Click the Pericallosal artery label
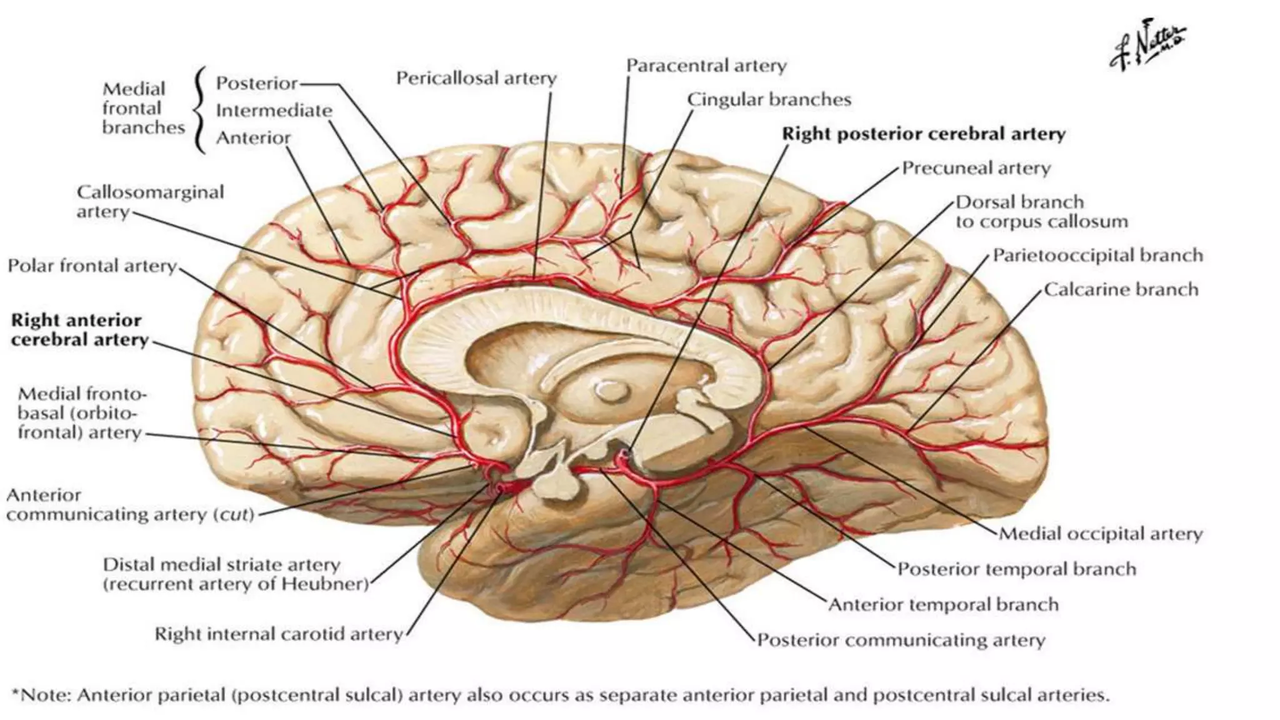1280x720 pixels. (476, 79)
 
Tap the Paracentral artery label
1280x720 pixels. (706, 66)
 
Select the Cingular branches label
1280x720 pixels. (769, 99)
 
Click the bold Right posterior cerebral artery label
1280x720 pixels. (924, 134)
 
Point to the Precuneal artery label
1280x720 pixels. (976, 168)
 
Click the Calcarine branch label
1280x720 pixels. (1121, 289)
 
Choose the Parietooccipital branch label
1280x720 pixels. (1097, 256)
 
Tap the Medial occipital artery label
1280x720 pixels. (1100, 534)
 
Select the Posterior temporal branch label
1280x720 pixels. (1016, 569)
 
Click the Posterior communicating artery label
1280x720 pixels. (901, 640)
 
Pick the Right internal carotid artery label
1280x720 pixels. (279, 634)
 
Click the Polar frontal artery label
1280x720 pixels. (92, 266)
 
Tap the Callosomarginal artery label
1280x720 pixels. (150, 201)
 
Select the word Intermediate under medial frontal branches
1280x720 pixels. (274, 111)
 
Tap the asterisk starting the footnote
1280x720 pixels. (16, 694)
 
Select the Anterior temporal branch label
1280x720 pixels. (943, 604)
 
